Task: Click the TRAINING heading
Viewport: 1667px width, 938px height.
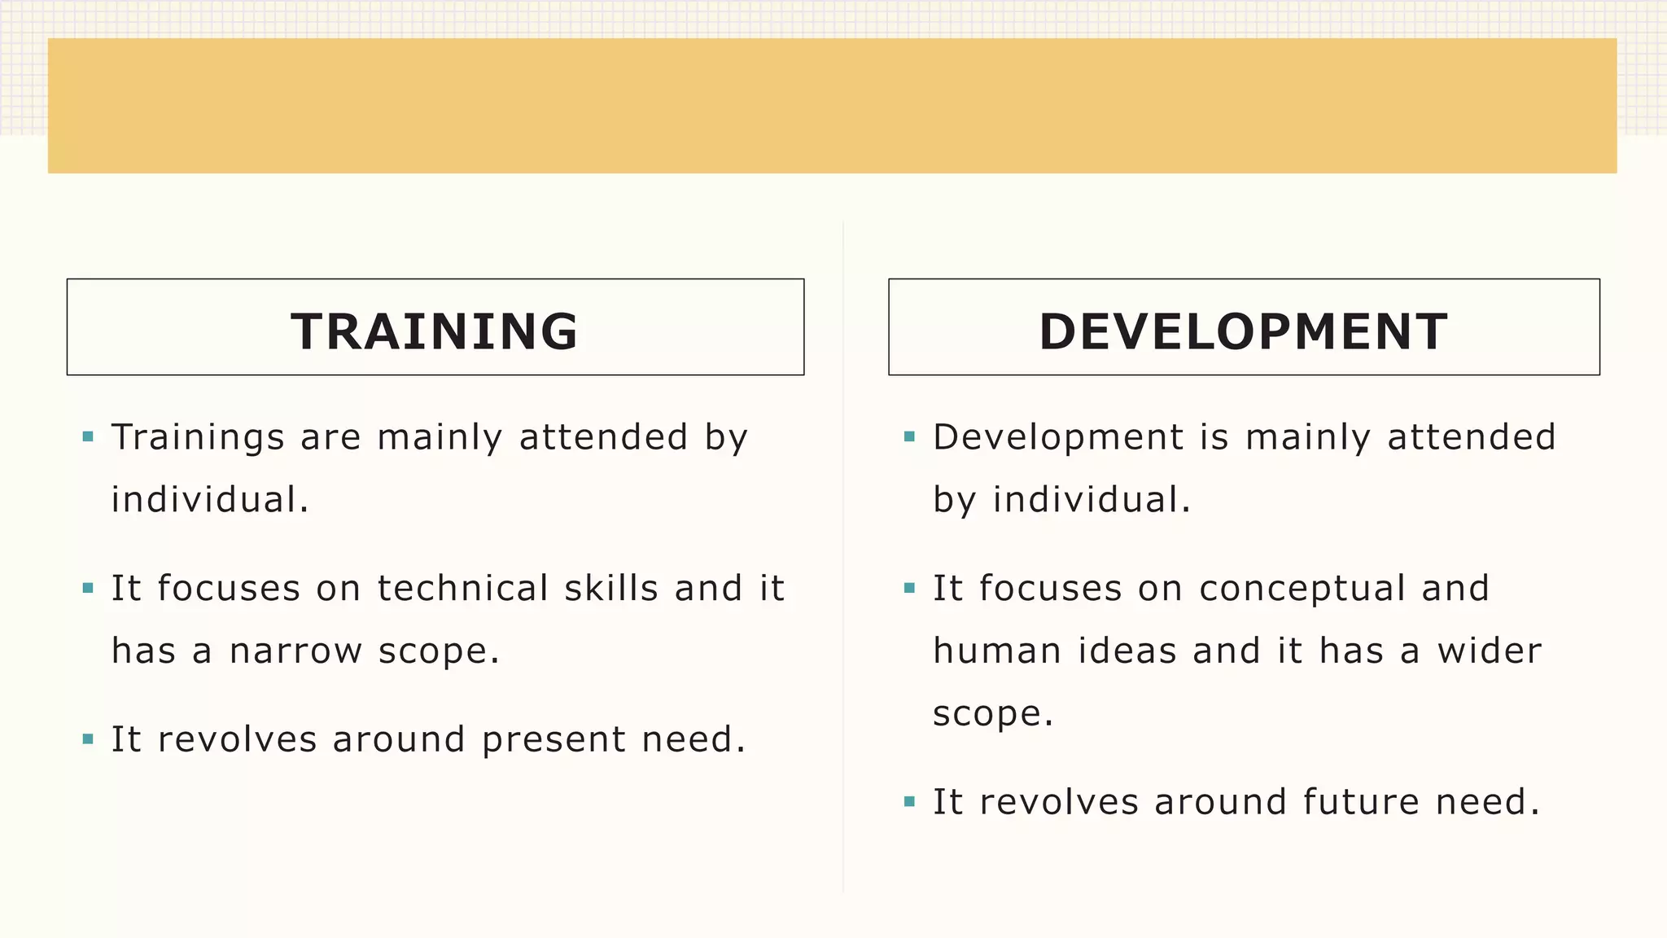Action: click(x=435, y=331)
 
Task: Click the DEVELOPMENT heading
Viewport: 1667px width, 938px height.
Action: click(x=1243, y=331)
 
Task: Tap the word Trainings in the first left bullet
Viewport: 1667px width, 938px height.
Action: click(x=198, y=438)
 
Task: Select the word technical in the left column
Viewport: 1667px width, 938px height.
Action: click(x=463, y=589)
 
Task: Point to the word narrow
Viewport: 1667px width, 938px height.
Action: click(x=295, y=651)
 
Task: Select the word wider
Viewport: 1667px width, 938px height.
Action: click(x=1489, y=651)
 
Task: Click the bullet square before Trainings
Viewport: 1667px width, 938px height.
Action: click(x=89, y=437)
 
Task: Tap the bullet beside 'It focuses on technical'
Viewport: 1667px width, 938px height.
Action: click(x=89, y=588)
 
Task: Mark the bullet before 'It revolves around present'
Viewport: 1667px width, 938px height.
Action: click(x=89, y=739)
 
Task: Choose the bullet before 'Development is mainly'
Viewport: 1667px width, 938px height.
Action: click(x=910, y=437)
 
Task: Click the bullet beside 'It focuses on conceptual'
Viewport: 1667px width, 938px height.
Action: click(x=910, y=588)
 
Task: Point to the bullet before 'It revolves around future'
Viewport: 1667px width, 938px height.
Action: click(x=910, y=802)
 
